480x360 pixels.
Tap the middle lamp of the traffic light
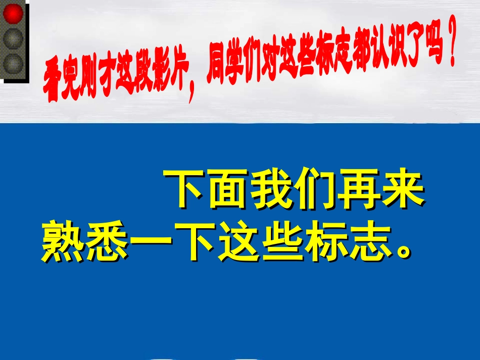[14, 38]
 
